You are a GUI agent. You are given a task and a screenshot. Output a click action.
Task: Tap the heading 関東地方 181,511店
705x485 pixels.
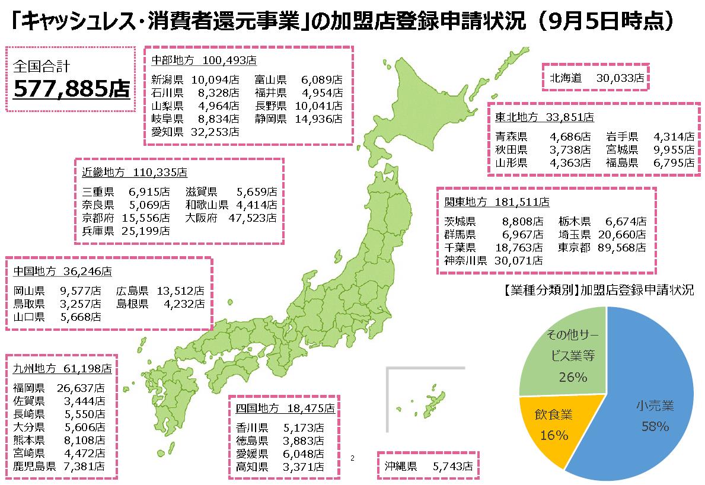[496, 203]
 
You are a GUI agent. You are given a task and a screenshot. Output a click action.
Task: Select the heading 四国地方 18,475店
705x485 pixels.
[285, 409]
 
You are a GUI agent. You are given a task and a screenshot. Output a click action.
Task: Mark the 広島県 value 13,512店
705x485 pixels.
[180, 291]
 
